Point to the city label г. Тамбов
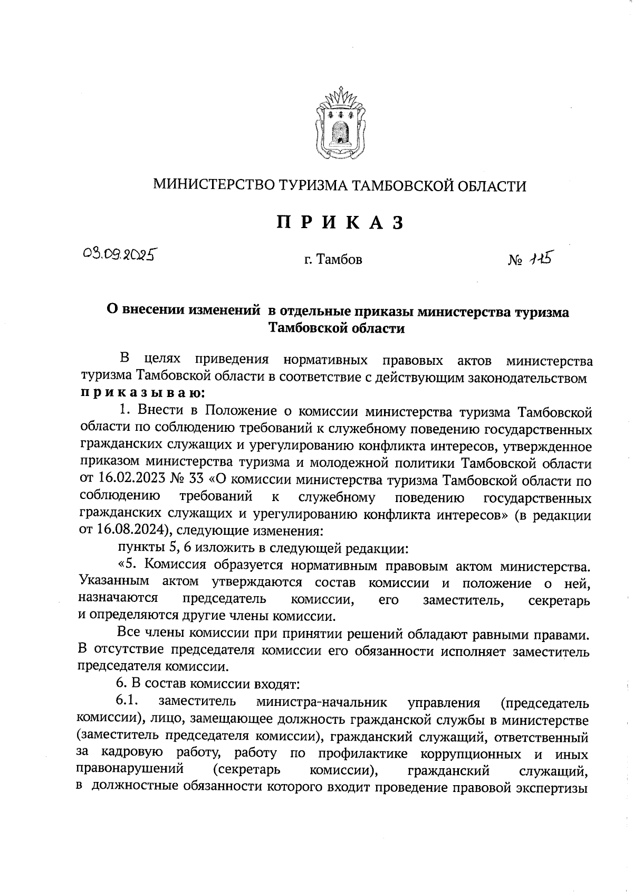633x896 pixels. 333,260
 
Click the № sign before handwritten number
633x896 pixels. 515,260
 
